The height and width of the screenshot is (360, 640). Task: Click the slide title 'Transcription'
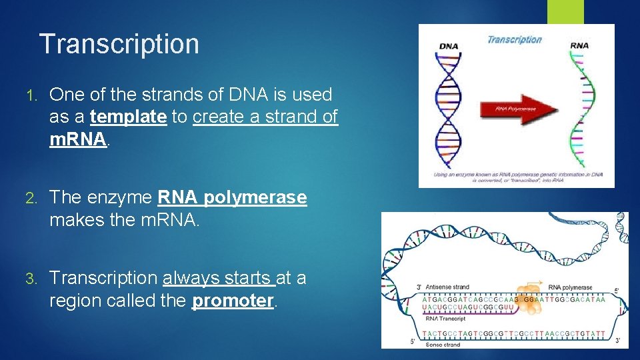point(119,44)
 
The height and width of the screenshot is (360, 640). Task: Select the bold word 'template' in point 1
point(128,117)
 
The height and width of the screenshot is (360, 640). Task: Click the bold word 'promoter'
point(233,301)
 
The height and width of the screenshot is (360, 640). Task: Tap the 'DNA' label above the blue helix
point(449,46)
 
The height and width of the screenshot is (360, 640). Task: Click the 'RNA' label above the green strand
point(579,46)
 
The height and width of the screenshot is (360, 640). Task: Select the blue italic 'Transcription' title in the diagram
point(514,39)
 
